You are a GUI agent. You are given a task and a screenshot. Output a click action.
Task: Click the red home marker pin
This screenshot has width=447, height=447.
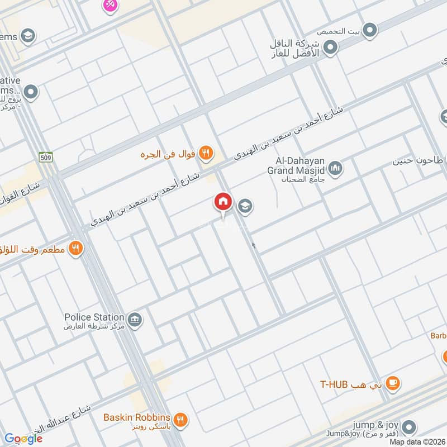point(222,202)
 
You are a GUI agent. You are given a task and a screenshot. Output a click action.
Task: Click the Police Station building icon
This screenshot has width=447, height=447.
point(134,320)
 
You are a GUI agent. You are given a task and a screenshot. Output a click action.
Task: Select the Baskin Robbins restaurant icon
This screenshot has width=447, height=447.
point(180,419)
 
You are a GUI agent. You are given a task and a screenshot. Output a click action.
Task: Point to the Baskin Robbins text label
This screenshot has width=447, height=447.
point(136,417)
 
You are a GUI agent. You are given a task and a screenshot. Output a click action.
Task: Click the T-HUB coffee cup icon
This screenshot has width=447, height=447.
point(393,383)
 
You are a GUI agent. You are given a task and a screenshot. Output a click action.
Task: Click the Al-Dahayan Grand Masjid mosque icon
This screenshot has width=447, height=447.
point(335,168)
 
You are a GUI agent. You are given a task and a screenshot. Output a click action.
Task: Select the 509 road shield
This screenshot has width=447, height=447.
point(45,158)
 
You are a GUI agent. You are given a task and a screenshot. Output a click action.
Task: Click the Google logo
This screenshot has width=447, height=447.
point(23,439)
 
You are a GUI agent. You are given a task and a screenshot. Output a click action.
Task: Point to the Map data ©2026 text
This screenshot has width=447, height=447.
point(417,441)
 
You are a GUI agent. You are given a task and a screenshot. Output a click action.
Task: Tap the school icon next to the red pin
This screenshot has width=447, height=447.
point(245,207)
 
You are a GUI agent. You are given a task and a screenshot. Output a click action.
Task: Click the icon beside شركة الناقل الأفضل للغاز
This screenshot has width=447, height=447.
point(330,48)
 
